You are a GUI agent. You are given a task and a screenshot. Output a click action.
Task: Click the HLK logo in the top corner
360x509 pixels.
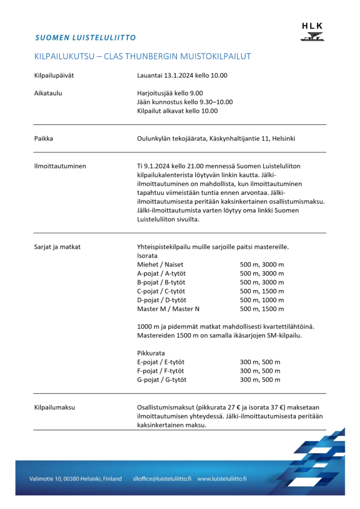coord(312,31)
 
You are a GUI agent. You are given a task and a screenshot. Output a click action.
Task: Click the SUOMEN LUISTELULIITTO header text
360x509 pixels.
coord(86,37)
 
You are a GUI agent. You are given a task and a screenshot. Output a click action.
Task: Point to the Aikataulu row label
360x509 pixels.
coord(48,93)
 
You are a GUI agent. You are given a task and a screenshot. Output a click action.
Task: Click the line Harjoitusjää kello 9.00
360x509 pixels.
coord(170,93)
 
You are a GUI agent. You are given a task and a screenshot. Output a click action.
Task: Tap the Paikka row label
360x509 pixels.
coord(44,138)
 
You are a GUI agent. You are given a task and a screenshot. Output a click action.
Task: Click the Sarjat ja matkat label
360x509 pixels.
coord(57,246)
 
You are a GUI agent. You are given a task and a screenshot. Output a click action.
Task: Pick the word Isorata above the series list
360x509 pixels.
coord(148,255)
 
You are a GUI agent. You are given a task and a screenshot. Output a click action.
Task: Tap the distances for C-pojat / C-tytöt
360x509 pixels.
coord(262,291)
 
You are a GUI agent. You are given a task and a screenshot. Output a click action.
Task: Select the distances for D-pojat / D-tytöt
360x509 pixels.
coord(262,300)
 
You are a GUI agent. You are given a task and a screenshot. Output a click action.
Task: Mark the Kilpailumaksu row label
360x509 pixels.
coord(55,407)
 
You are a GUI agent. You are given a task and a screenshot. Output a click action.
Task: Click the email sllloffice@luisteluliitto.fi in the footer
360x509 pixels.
coord(162,479)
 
